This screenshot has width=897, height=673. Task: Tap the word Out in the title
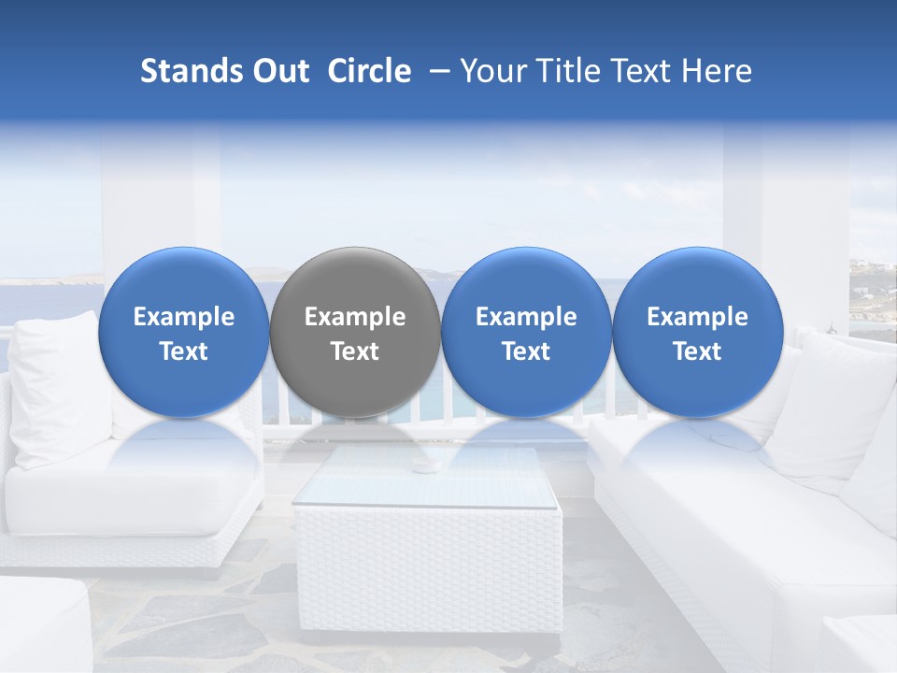pyautogui.click(x=278, y=71)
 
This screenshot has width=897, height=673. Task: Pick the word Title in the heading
pyautogui.click(x=571, y=71)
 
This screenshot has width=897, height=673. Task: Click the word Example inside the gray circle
pyautogui.click(x=355, y=317)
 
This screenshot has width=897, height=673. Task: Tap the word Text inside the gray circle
pyautogui.click(x=355, y=351)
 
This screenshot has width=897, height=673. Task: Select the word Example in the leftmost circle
pyautogui.click(x=184, y=317)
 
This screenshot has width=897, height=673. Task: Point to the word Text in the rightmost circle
pyautogui.click(x=698, y=351)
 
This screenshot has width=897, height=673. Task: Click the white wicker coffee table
pyautogui.click(x=428, y=561)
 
